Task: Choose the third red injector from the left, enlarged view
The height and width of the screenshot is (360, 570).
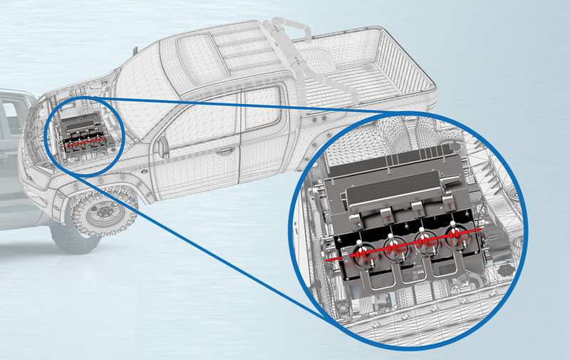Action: (424, 240)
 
